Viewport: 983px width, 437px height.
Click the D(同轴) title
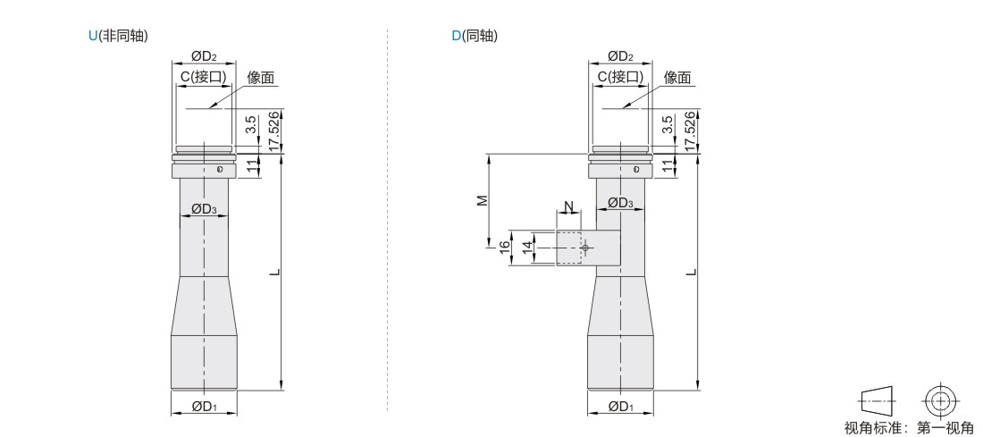point(475,36)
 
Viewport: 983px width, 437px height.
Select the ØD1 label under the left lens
point(204,407)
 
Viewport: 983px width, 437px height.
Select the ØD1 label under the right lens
point(620,407)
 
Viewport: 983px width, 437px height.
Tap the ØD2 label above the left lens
point(203,57)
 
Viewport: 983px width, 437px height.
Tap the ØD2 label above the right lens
point(620,57)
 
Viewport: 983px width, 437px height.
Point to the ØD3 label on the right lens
point(620,203)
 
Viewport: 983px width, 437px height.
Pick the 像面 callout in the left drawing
point(260,79)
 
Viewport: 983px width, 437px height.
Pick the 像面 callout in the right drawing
point(677,79)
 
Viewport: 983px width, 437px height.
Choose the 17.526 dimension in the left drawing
point(274,131)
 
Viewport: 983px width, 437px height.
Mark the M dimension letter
point(482,199)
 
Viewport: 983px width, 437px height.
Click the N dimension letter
point(568,208)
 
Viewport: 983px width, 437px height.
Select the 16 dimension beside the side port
point(504,245)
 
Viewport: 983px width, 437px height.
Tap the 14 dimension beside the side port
point(528,245)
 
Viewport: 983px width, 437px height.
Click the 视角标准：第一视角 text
point(909,428)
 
